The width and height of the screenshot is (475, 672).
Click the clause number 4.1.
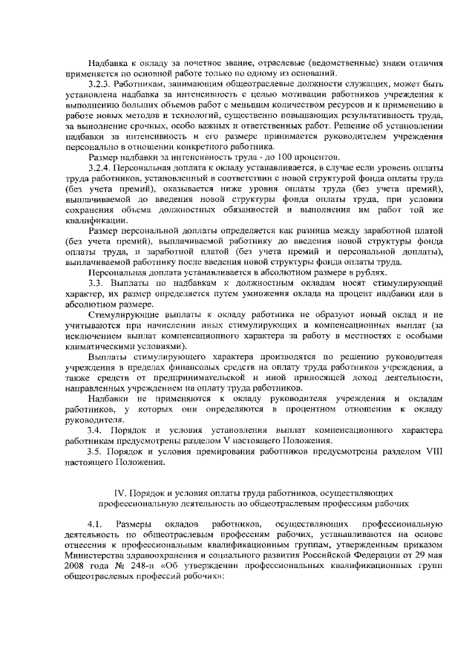93,524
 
